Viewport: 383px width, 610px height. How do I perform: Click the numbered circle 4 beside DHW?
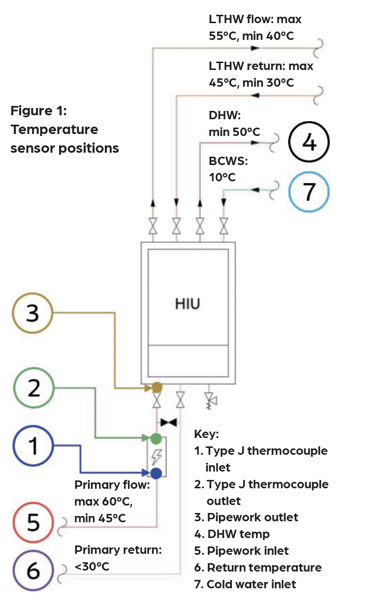[308, 143]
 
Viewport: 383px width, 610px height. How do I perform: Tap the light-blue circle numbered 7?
[309, 191]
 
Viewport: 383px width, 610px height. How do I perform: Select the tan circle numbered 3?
[32, 313]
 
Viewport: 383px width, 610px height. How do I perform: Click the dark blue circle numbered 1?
[32, 446]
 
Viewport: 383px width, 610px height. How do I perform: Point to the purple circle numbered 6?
[32, 571]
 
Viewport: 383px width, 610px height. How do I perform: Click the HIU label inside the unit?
[188, 304]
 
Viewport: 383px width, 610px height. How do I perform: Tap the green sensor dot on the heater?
[156, 438]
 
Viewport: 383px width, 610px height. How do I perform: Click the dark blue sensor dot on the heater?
[156, 474]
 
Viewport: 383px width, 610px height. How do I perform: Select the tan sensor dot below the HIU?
[157, 387]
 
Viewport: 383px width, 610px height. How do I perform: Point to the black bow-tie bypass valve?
[169, 423]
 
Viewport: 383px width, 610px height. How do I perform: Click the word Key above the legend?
[206, 435]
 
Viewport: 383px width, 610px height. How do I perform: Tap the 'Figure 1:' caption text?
[38, 111]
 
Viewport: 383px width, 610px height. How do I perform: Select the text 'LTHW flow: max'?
[255, 20]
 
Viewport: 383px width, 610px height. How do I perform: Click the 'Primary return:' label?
[118, 550]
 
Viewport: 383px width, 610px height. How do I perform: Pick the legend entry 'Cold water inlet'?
[251, 584]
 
